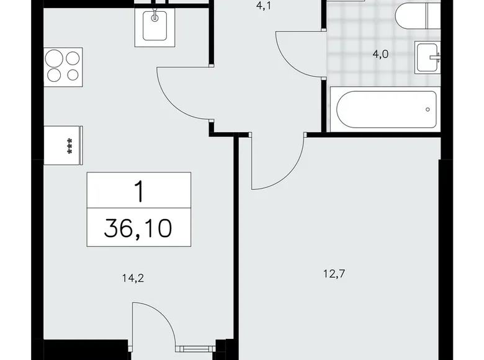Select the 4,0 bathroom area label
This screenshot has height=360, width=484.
(x=380, y=54)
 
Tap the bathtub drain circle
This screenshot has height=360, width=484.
(x=428, y=110)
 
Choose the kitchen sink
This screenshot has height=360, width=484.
(x=153, y=27)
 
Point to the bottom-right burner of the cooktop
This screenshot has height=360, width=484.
(x=73, y=76)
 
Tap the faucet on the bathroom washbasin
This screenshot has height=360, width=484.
(x=437, y=58)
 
